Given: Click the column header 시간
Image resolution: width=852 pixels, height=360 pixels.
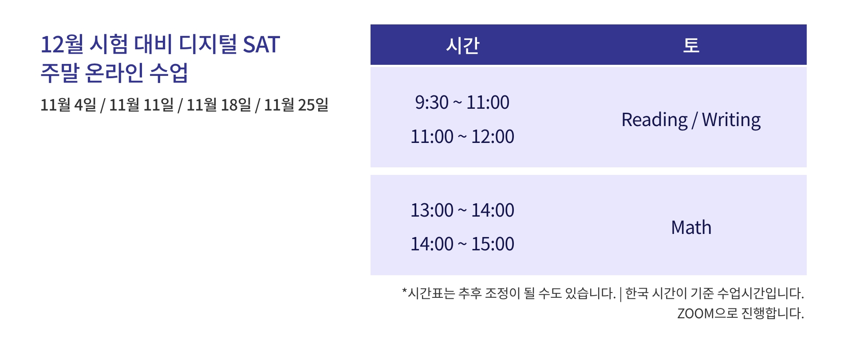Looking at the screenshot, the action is (x=462, y=45).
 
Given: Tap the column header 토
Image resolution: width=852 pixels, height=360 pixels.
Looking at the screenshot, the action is (x=691, y=45).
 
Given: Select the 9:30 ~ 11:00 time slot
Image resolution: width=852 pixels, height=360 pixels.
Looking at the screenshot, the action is (x=462, y=103).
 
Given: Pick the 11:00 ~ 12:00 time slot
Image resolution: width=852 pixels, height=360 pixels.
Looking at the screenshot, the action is (x=462, y=137).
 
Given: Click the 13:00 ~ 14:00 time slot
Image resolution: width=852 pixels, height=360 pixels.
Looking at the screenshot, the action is (x=462, y=210).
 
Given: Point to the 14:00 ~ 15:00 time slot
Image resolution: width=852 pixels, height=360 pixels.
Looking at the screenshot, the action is (x=462, y=244).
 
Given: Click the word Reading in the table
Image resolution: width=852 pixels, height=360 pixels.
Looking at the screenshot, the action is (x=655, y=120).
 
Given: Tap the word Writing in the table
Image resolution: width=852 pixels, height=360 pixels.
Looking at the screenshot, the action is (x=731, y=120).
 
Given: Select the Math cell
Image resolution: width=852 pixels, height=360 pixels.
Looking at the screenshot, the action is (x=691, y=228).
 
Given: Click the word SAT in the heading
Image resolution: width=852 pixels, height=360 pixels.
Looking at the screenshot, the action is (x=261, y=44).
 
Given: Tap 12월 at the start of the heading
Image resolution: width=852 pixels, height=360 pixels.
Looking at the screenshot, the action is (x=62, y=44).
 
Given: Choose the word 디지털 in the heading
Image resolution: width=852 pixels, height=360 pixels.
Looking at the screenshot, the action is (x=208, y=44).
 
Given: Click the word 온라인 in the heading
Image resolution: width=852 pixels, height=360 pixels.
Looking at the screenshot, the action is (x=114, y=73).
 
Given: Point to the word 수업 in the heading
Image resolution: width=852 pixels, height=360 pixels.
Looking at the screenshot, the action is (x=169, y=73).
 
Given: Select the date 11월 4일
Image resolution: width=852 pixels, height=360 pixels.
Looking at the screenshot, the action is (x=68, y=105).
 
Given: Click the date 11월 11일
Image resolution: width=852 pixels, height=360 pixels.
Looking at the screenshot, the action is (x=142, y=105).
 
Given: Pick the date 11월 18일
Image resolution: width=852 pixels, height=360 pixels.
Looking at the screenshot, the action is (x=219, y=105).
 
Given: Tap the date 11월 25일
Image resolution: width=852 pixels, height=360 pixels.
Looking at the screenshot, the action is (x=296, y=105).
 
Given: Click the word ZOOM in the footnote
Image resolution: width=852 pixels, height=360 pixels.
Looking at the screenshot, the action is (x=695, y=314).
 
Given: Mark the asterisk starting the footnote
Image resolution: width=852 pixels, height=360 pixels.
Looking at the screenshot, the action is (x=404, y=290).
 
